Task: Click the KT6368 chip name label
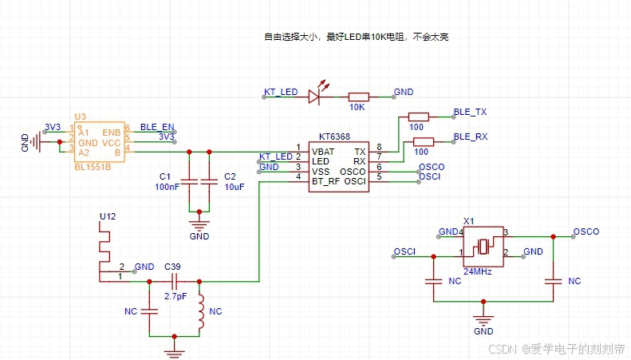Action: (334, 136)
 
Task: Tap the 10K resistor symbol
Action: (358, 97)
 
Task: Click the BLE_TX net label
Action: (470, 112)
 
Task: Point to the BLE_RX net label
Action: (471, 136)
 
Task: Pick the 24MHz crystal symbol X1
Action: (483, 247)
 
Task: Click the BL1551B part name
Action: (93, 167)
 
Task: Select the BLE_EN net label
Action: (157, 127)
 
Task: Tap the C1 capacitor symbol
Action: (189, 182)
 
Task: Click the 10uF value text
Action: (235, 187)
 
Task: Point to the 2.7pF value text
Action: (175, 296)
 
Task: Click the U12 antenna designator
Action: (108, 216)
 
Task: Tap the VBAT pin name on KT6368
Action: (323, 152)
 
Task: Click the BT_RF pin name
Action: (325, 182)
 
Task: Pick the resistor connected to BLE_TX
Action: (419, 117)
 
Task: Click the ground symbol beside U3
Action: (36, 142)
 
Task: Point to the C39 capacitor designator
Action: (172, 267)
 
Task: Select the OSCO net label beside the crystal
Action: (586, 231)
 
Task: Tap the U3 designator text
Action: (80, 117)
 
